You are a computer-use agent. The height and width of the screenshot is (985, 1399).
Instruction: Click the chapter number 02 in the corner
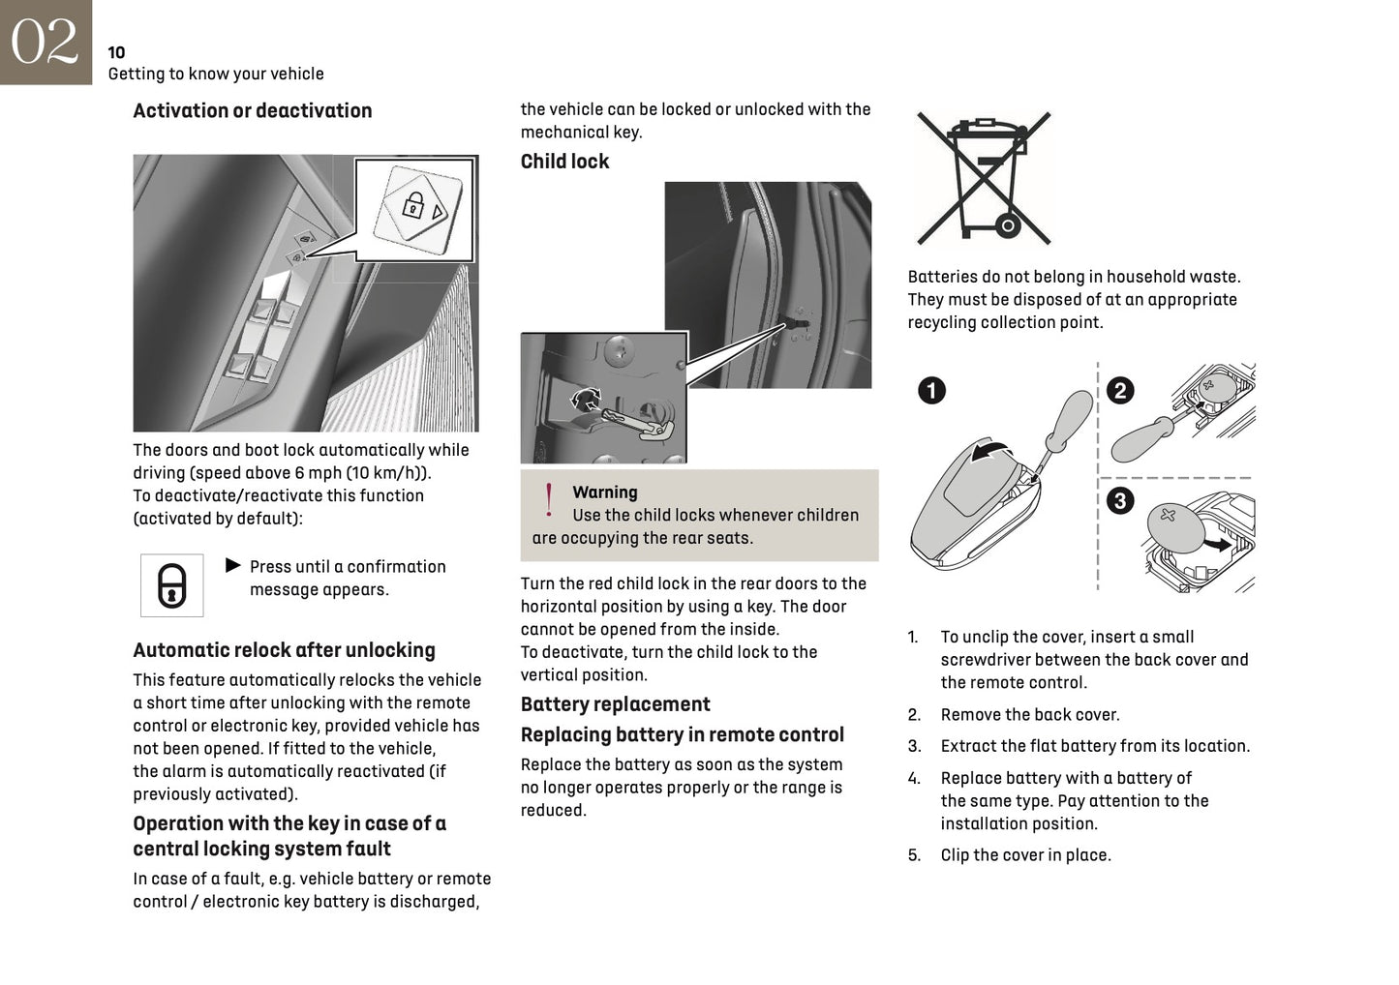(45, 42)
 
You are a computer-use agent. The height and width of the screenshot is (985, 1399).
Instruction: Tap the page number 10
(116, 52)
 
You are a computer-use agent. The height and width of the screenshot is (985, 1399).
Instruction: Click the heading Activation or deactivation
(252, 110)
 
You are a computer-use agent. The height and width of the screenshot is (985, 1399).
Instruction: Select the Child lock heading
(564, 162)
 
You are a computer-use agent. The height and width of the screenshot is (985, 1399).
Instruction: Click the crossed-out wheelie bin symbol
(983, 178)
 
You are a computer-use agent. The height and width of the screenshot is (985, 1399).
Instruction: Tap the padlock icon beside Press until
(172, 585)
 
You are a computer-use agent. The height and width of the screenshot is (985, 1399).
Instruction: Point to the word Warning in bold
(604, 492)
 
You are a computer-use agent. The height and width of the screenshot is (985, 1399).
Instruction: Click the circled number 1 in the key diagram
(930, 391)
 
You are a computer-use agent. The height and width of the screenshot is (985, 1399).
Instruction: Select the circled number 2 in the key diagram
(1120, 391)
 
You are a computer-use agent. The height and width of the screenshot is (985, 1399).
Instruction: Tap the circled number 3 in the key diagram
(1120, 500)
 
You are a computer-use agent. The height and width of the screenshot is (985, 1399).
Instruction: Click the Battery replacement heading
(615, 704)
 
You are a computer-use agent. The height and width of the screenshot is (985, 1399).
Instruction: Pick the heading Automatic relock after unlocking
(284, 650)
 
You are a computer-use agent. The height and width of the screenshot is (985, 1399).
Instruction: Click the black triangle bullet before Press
(232, 565)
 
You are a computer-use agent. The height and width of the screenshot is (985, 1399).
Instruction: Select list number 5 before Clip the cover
(914, 855)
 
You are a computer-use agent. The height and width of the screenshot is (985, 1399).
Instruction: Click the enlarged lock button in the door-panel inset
(415, 206)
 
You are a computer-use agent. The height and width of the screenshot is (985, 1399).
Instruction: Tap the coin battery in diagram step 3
(1173, 528)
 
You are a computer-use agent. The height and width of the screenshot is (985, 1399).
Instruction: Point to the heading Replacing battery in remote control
(682, 734)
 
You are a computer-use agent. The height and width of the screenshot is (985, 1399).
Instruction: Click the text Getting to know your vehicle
(216, 74)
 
